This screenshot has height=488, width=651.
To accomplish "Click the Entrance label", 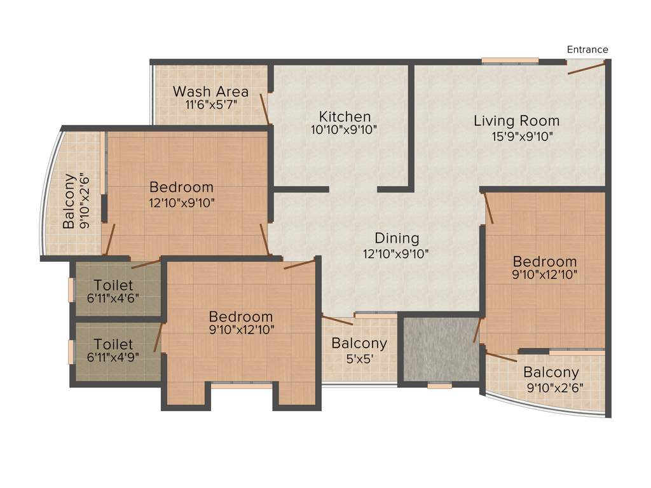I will [587, 50].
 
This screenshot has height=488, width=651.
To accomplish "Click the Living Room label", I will [516, 121].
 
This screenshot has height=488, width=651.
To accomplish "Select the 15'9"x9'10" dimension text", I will [516, 135].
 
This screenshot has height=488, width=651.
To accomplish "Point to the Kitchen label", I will [345, 117].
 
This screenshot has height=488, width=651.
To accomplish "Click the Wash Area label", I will [210, 91].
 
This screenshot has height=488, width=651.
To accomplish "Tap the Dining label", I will [397, 239].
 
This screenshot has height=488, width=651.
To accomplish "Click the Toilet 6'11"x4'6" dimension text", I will [113, 297].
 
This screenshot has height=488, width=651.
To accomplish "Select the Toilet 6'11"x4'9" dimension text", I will [113, 357].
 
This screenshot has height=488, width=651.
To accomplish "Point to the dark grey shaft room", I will [439, 349].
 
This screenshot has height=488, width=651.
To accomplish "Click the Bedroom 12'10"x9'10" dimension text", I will [182, 203].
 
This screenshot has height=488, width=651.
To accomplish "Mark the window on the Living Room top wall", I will [510, 61].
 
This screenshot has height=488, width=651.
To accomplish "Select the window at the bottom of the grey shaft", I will [439, 385].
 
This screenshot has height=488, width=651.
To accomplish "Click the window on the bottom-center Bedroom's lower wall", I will [242, 384].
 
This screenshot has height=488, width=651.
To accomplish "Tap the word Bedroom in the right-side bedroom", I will [545, 261].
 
